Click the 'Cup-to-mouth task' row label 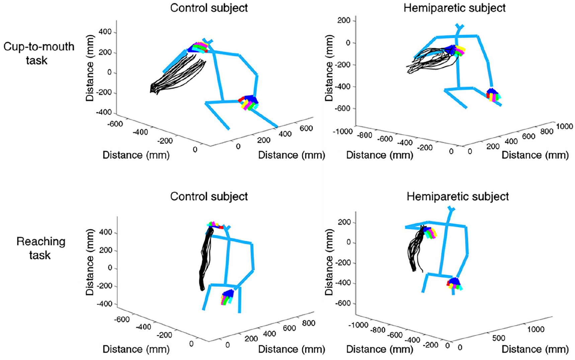39,54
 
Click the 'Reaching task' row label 41,248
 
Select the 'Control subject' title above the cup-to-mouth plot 209,8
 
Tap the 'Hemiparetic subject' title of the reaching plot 458,196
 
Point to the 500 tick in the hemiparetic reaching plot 499,338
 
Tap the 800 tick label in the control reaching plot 309,323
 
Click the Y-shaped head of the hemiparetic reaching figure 451,210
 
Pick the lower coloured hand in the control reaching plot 227,297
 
